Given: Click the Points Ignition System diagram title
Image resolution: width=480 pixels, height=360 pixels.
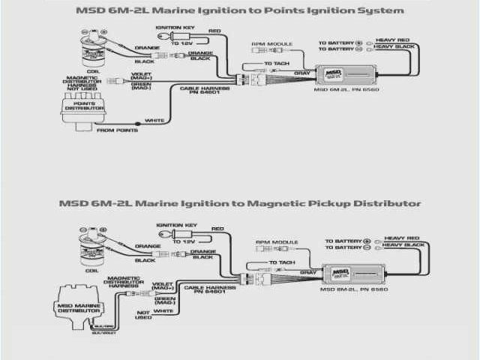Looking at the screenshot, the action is (240, 10).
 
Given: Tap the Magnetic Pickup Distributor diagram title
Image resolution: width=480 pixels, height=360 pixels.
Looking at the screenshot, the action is (240, 203).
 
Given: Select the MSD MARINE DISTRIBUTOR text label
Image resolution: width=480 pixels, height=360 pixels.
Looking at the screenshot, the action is (84, 307).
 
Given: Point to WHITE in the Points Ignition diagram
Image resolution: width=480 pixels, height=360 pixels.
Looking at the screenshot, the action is (154, 120).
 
